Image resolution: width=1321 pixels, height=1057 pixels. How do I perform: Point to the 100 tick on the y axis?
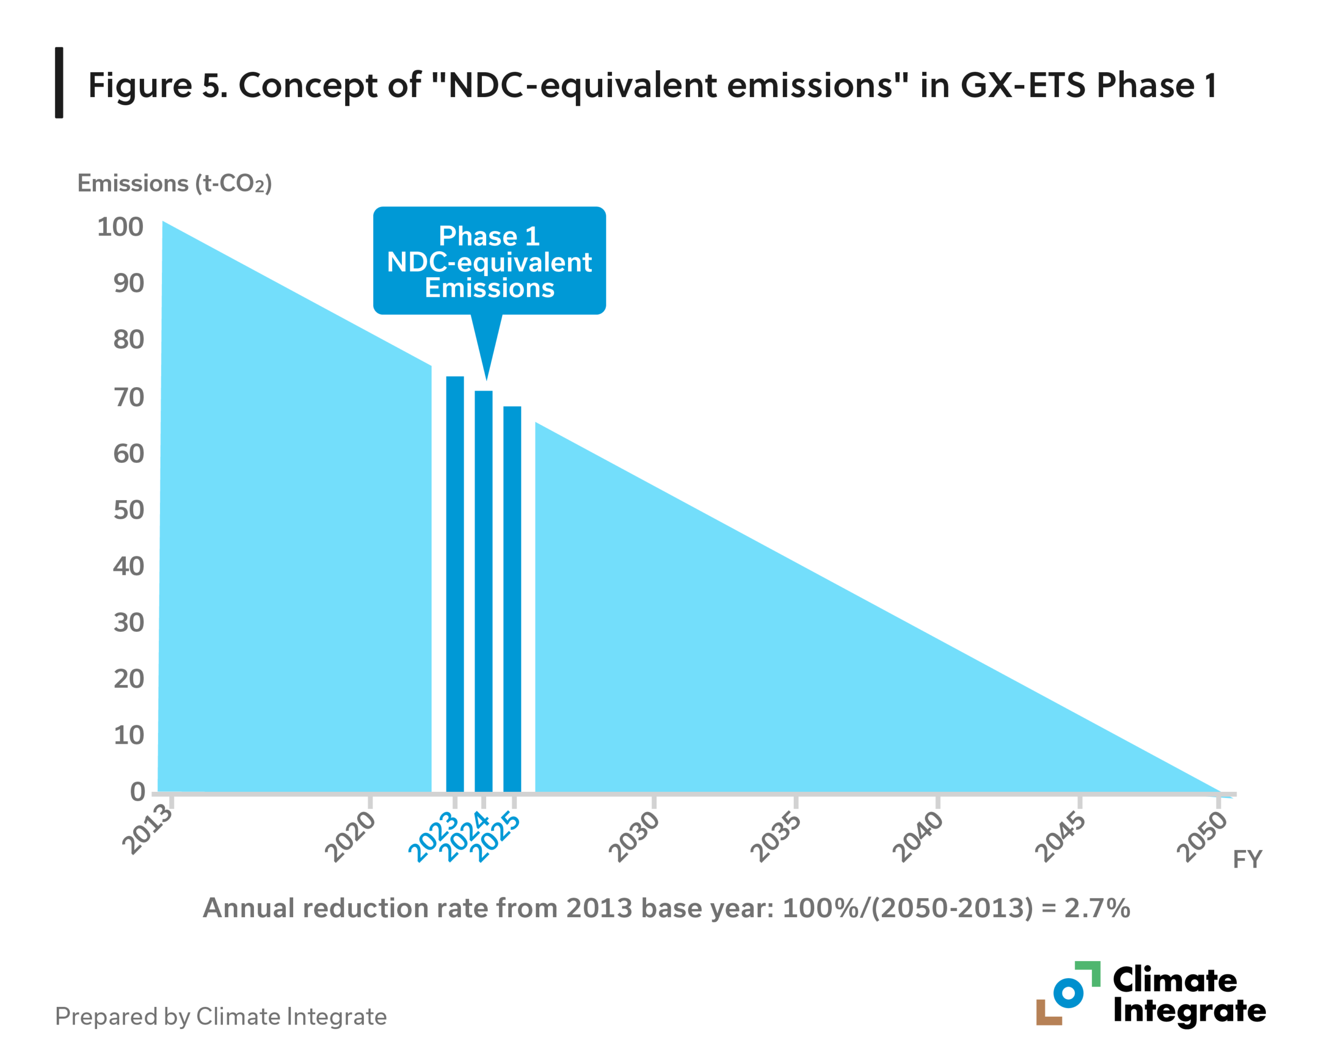(120, 227)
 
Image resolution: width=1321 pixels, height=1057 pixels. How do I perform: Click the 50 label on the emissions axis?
(128, 510)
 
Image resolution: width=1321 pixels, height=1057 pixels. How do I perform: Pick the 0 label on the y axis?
(137, 792)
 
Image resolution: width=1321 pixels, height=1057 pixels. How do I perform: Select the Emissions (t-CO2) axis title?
(174, 183)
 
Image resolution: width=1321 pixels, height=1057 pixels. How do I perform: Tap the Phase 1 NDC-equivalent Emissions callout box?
(490, 261)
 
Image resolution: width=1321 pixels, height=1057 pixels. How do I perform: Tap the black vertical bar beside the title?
(59, 82)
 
